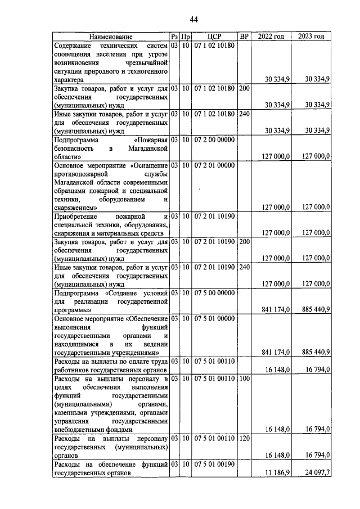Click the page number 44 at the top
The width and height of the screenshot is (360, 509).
pos(193,20)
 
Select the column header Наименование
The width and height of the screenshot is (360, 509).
pos(111,37)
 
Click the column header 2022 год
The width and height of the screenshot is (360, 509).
pos(271,37)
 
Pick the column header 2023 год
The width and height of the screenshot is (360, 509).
pos(312,37)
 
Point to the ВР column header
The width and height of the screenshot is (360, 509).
pos(244,37)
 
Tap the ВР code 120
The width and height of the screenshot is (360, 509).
pos(244,438)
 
